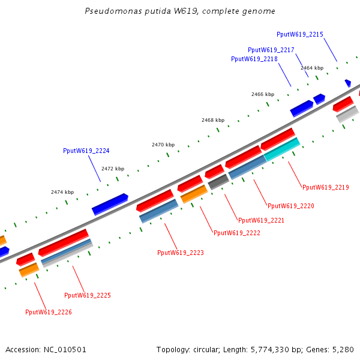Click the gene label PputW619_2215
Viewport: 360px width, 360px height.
point(300,35)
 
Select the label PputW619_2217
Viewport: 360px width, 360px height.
point(271,50)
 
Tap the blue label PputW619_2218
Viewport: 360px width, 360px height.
point(254,59)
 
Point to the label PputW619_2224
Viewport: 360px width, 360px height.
point(86,151)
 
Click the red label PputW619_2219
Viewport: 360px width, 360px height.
point(326,188)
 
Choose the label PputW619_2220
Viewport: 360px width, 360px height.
point(291,206)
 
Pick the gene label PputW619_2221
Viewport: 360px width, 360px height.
point(262,221)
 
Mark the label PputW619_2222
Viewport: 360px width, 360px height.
point(237,233)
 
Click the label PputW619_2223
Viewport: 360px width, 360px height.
point(181,253)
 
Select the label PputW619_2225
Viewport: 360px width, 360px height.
point(88,295)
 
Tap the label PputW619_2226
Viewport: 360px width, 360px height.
point(49,312)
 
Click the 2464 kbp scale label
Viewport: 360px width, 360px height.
point(312,68)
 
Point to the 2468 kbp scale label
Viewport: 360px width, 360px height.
point(213,120)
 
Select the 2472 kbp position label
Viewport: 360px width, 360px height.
point(113,169)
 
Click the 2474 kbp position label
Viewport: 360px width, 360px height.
point(62,192)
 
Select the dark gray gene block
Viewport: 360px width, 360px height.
point(218,182)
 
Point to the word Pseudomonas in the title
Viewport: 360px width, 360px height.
point(110,11)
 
